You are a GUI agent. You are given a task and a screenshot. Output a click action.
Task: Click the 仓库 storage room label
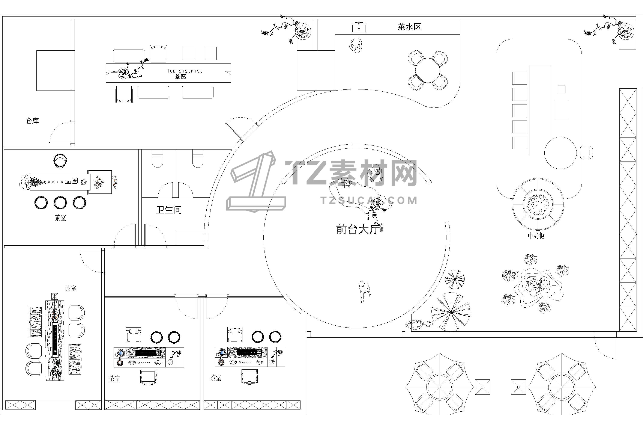click(32, 121)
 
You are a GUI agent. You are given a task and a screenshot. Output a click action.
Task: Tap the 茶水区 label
click(409, 27)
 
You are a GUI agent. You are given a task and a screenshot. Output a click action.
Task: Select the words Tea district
click(185, 71)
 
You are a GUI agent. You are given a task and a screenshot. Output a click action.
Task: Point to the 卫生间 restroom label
click(169, 210)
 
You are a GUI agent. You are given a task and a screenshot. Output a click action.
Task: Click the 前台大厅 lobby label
click(358, 229)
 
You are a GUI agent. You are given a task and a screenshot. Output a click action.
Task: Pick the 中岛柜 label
click(536, 236)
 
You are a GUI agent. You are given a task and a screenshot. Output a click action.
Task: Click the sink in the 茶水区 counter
click(359, 28)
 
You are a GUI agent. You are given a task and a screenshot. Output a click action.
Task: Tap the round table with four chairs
click(428, 70)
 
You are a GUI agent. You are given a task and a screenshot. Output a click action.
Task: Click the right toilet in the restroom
click(198, 159)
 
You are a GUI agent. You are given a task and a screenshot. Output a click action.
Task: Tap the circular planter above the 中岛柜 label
click(538, 204)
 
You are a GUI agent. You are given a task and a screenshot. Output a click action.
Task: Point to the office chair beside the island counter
click(586, 152)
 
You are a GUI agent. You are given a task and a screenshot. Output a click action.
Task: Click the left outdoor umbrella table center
click(440, 387)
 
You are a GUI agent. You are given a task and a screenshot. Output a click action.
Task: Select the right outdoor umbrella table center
click(562, 387)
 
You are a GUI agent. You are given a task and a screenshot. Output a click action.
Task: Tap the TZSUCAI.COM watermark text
click(369, 201)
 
